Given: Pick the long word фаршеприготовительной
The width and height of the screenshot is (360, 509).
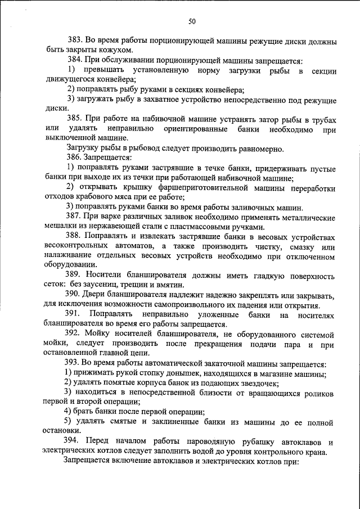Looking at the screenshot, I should [x=186, y=187].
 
